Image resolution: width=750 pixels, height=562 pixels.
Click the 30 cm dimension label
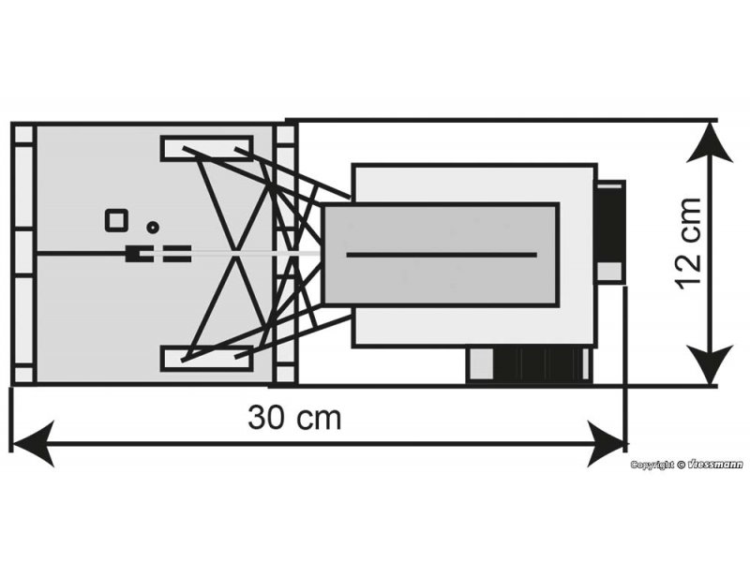click(x=294, y=417)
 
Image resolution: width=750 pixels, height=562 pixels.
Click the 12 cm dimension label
click(x=689, y=244)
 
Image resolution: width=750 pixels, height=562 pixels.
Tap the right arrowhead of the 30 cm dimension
click(x=606, y=443)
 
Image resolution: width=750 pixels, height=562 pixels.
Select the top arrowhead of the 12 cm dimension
click(x=710, y=142)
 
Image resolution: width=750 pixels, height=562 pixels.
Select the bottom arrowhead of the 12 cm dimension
click(x=710, y=365)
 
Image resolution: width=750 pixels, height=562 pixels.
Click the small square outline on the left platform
click(x=116, y=221)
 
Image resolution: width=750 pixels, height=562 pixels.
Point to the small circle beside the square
click(x=153, y=228)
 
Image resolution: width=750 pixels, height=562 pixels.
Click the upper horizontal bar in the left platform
click(x=206, y=148)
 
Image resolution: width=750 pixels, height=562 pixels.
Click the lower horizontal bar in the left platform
click(x=206, y=359)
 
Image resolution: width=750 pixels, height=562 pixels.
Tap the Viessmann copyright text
click(x=686, y=465)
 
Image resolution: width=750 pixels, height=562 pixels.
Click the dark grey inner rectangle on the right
click(x=442, y=254)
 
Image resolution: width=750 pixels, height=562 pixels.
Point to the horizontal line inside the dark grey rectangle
click(x=442, y=255)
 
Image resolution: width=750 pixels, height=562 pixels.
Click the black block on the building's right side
click(x=610, y=221)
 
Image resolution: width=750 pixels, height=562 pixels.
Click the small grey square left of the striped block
click(x=480, y=364)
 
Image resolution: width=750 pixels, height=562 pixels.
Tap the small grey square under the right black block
click(x=608, y=272)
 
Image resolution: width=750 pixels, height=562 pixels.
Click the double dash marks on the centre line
click(x=177, y=254)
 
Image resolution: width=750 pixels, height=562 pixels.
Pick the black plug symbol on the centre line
click(x=139, y=254)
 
